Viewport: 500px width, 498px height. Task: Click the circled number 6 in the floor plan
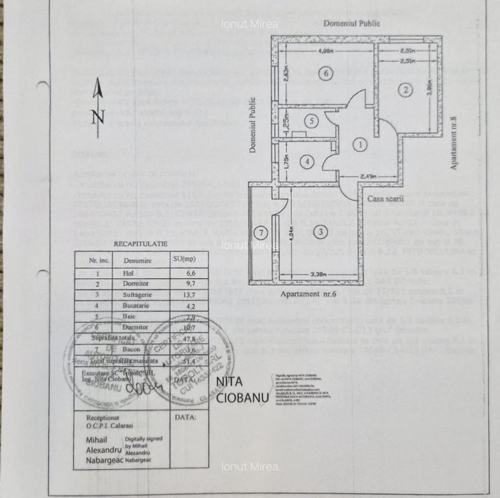coord(327,73)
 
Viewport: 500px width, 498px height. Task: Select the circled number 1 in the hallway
coord(360,145)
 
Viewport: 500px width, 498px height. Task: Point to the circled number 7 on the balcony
coord(259,232)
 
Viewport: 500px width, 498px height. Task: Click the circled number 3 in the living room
coord(312,121)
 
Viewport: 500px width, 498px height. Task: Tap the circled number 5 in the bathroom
coord(312,121)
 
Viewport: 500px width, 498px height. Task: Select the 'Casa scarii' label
coord(384,198)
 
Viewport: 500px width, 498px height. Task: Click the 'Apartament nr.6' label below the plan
coord(308,294)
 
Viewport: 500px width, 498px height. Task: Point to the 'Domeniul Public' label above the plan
coord(352,23)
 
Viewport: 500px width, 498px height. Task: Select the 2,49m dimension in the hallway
coord(369,176)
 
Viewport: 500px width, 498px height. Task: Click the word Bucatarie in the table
coord(137,305)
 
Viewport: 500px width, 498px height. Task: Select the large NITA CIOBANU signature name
coord(235,390)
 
